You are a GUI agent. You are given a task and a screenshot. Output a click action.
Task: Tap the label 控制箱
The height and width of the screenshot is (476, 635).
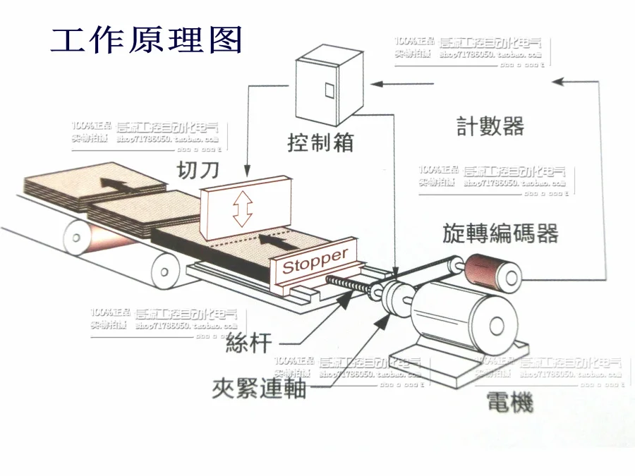320,142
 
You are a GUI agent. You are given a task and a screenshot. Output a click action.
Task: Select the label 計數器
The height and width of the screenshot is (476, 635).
490,126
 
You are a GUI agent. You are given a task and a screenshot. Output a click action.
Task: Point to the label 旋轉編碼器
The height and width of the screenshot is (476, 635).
501,233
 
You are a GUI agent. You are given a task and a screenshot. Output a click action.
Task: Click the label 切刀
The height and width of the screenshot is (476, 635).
198,170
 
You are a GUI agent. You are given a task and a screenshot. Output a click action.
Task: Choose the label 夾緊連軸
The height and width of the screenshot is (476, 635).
260,387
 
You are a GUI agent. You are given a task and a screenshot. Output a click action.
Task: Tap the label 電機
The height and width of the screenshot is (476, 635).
509,403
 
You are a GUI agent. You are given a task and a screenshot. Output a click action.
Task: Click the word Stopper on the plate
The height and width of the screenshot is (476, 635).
315,261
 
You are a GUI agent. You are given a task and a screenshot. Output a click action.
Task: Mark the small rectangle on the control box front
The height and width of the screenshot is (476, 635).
328,90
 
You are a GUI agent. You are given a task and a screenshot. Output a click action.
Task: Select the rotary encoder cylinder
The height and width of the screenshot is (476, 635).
492,270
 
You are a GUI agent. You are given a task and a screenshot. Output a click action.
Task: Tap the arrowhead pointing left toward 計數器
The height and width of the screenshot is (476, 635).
559,82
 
